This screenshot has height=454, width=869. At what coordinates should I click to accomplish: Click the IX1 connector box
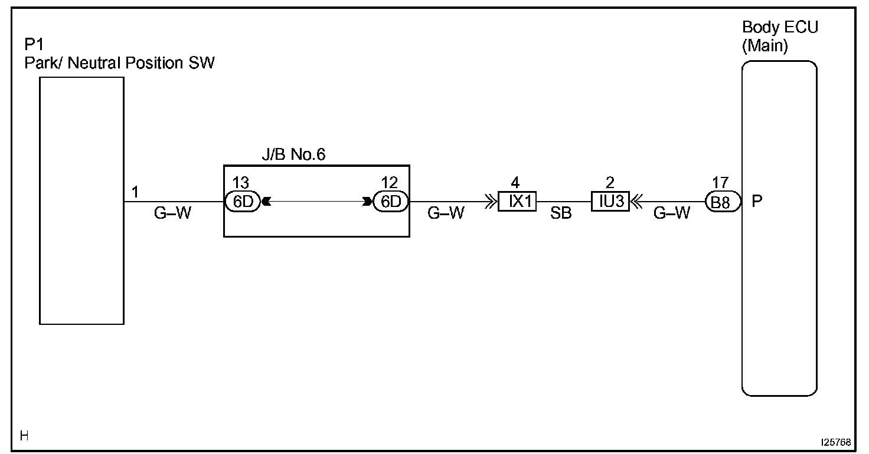[x=517, y=202]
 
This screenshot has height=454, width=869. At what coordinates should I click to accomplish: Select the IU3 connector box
[x=610, y=202]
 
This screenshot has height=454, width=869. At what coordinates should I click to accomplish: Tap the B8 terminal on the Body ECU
[x=721, y=202]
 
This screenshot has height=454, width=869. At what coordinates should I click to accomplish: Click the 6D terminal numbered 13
[x=243, y=202]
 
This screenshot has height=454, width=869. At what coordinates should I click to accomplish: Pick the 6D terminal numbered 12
[x=390, y=202]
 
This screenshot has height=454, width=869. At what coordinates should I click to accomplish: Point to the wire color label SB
[x=561, y=214]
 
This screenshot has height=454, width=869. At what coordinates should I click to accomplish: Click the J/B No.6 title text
[x=293, y=155]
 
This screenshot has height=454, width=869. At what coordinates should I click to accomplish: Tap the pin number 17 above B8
[x=720, y=183]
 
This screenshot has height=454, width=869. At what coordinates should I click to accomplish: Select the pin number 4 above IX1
[x=515, y=183]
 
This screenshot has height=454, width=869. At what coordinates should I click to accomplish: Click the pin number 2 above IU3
[x=610, y=183]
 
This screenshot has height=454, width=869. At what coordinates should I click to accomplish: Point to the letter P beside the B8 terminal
[x=757, y=202]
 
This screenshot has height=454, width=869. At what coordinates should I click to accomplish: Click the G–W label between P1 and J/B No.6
[x=172, y=213]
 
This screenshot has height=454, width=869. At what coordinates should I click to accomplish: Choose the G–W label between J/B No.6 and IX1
[x=446, y=213]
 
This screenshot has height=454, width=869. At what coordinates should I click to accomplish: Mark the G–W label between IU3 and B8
[x=672, y=213]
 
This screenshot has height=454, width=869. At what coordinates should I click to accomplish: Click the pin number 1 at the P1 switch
[x=135, y=192]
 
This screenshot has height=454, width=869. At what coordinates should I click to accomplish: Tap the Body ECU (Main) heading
[x=779, y=37]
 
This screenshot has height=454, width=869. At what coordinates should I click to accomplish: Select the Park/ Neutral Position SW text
[x=119, y=63]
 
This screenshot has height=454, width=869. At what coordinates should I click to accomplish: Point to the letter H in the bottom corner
[x=24, y=436]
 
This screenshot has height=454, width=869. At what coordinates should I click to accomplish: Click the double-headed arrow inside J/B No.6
[x=316, y=202]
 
